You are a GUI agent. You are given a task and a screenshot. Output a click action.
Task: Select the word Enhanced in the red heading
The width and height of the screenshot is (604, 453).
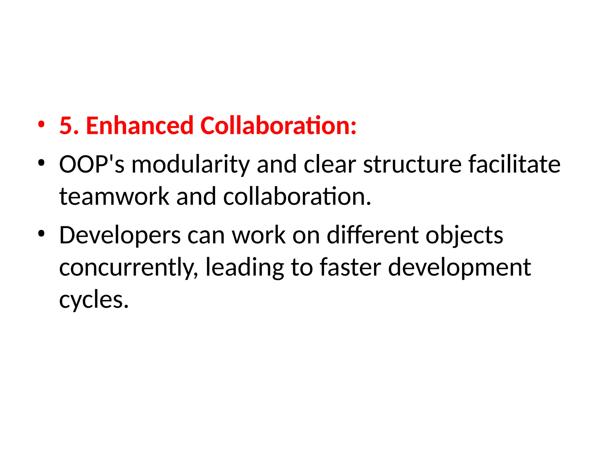(x=139, y=126)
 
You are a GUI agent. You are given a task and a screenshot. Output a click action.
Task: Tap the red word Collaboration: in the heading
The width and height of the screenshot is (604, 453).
(x=278, y=126)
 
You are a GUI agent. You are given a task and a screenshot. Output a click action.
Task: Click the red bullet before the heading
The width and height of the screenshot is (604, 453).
(x=41, y=124)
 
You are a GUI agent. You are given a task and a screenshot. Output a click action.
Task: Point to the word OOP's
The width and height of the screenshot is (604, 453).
(x=91, y=164)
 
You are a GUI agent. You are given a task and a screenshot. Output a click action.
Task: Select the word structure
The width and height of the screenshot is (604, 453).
(x=412, y=164)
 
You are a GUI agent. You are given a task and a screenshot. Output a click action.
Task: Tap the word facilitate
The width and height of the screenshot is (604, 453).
(x=514, y=164)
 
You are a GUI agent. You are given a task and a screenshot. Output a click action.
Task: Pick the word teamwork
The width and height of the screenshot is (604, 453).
(x=114, y=196)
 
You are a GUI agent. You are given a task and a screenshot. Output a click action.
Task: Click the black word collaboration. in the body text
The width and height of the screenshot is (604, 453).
(x=297, y=196)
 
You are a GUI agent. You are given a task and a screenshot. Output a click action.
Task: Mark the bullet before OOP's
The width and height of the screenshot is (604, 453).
(x=41, y=163)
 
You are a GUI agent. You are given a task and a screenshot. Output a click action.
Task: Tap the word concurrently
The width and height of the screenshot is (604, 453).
(x=129, y=268)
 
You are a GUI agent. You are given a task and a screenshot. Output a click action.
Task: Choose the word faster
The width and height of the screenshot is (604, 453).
(x=350, y=267)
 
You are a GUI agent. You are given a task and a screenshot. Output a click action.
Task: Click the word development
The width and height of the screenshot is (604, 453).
(x=459, y=268)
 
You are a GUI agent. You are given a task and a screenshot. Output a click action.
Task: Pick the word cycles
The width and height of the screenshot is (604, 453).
(x=94, y=300)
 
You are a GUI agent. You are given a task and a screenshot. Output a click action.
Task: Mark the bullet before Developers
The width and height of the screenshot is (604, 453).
(x=41, y=234)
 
